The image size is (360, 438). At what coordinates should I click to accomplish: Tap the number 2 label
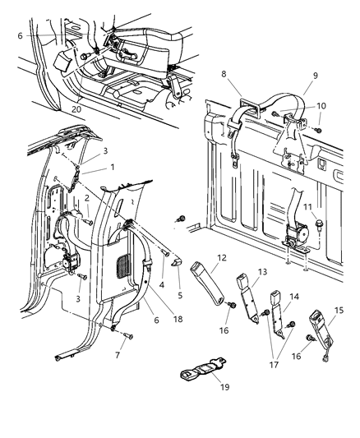click(88, 198)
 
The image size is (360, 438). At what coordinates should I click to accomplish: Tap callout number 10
click(321, 106)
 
